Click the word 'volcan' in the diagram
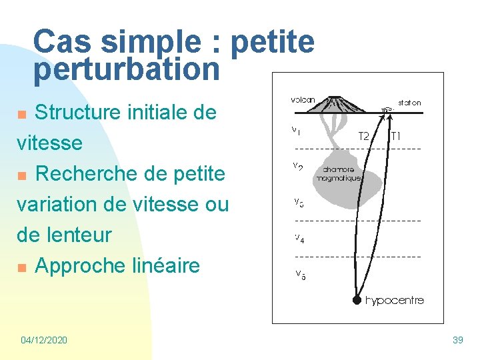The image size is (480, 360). tap(303, 101)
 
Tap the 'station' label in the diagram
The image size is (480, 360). tap(409, 103)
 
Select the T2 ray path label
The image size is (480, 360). tap(365, 136)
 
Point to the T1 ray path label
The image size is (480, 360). tap(396, 136)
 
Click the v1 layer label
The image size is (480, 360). tap(295, 131)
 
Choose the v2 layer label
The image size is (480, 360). tap(297, 167)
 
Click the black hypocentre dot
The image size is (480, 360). tap(357, 300)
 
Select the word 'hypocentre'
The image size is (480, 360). tap(394, 301)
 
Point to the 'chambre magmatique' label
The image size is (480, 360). tap(339, 174)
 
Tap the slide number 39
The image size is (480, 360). tap(457, 340)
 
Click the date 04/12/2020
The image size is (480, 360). tap(44, 340)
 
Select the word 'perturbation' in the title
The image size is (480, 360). tap(126, 69)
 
